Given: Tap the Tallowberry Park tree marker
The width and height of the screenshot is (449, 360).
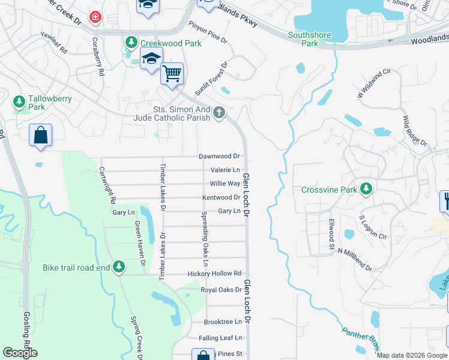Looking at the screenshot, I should [20, 100].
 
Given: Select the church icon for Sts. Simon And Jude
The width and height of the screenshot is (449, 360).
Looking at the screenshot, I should [220, 112].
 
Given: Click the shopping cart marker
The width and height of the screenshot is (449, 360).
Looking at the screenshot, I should [172, 74].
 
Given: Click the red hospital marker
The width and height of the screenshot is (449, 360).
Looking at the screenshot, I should [94, 17].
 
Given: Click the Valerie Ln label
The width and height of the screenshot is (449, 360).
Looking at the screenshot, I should [225, 170].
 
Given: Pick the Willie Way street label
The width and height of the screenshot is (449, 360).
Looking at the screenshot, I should [225, 184].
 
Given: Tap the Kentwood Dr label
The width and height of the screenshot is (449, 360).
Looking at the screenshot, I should [221, 197].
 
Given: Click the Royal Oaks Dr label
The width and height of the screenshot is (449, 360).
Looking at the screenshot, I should [221, 290].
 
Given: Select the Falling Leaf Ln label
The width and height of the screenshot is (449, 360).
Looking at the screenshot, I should [221, 338].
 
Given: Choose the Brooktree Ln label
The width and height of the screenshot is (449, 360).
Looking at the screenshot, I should [222, 322].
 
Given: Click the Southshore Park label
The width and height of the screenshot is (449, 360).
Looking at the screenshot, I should [310, 39].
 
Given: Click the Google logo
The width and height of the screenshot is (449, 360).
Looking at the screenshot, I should [20, 353].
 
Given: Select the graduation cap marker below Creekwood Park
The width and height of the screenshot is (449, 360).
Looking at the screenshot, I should [151, 59].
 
